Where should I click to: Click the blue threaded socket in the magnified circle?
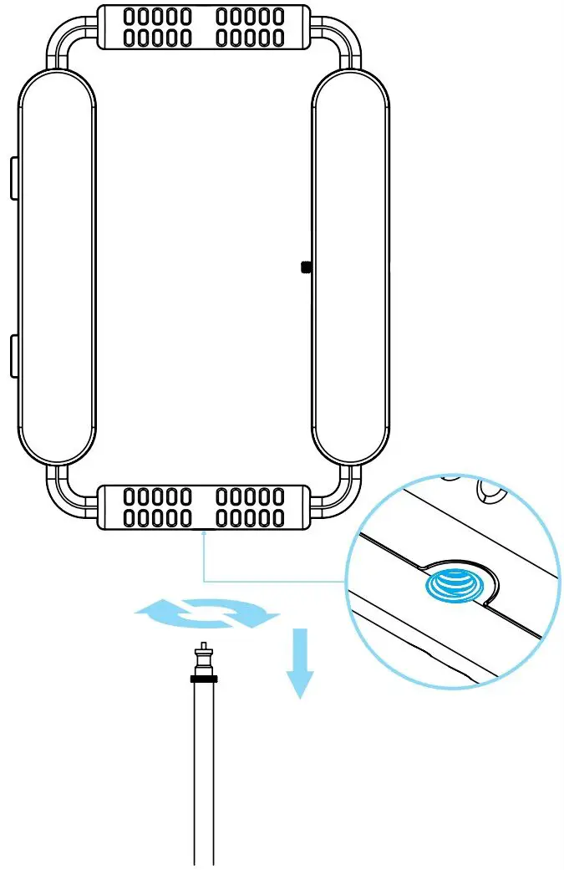click(x=453, y=583)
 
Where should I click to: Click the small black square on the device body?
click(x=305, y=267)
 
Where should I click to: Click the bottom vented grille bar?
click(x=203, y=507)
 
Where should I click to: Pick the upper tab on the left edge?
click(x=13, y=178)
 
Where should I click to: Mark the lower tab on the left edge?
click(x=13, y=355)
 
